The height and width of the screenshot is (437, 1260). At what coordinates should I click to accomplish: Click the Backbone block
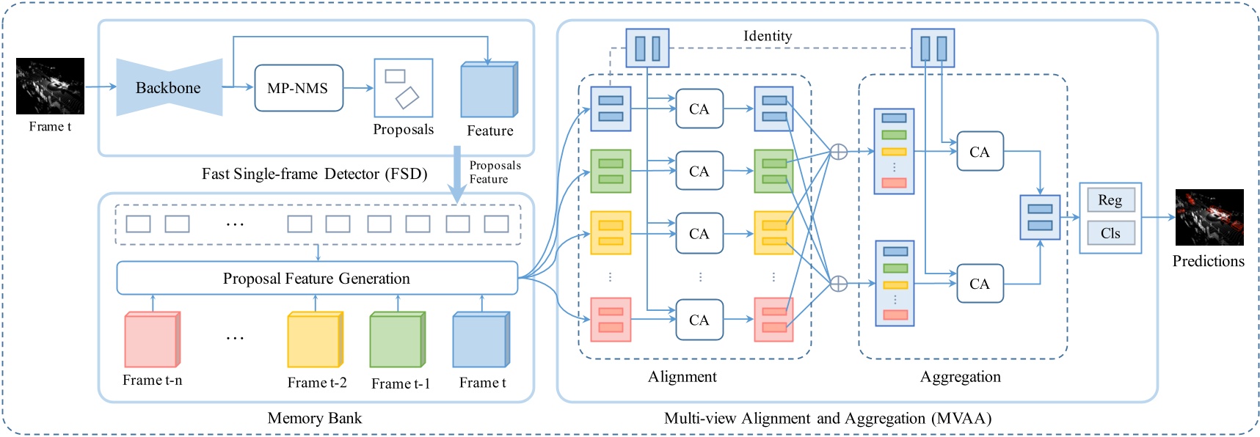(x=169, y=88)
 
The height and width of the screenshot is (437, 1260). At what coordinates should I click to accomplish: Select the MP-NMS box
(x=298, y=88)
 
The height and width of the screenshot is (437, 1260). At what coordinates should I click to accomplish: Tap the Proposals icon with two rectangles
(x=403, y=88)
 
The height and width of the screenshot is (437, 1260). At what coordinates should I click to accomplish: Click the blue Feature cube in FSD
(x=489, y=90)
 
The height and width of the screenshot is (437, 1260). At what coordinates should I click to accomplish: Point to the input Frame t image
(x=50, y=86)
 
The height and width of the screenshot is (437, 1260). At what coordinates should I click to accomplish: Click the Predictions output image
(x=1209, y=217)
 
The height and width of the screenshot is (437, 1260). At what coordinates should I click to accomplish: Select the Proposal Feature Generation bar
(x=316, y=279)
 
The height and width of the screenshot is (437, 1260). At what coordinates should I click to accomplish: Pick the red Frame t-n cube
(x=151, y=339)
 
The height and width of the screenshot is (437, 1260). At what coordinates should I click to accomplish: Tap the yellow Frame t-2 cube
(x=314, y=339)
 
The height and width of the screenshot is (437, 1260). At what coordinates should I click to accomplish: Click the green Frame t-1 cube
(x=397, y=339)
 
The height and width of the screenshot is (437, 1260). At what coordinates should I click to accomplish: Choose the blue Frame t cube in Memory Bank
(x=480, y=339)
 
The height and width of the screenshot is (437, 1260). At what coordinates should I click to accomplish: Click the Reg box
(x=1110, y=200)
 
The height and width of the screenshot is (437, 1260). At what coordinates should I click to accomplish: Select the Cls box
(x=1110, y=233)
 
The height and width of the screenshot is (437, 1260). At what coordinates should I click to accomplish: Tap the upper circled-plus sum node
(x=838, y=152)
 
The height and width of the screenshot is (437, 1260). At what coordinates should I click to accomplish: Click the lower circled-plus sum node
(x=838, y=284)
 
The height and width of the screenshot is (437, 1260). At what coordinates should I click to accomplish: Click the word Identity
(x=767, y=36)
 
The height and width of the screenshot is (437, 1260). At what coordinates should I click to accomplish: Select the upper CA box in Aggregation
(x=979, y=152)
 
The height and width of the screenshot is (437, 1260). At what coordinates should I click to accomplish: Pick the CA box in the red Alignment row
(x=699, y=320)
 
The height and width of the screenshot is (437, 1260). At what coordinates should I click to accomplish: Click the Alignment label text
(x=682, y=377)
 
